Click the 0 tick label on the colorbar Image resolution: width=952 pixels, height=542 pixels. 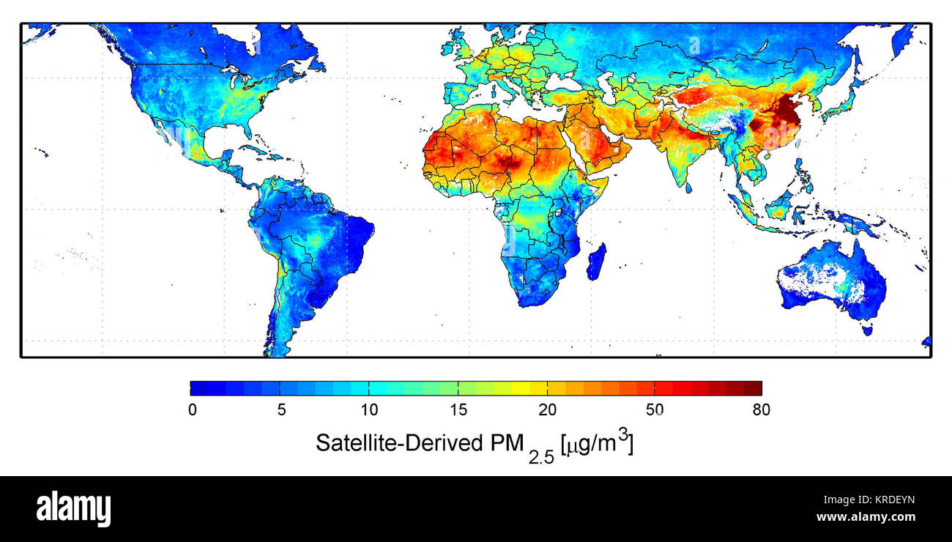pos(192,410)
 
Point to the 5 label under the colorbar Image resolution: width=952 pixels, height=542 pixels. pos(281,410)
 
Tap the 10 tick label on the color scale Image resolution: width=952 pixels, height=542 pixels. pos(368,410)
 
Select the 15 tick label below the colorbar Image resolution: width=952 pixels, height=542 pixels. pos(458,410)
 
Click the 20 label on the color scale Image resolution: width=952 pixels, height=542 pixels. pos(548,410)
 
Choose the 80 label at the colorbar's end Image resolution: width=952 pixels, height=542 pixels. pos(761,410)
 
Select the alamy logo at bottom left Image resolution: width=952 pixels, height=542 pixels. pos(73,508)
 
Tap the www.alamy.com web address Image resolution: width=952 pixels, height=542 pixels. pos(865,517)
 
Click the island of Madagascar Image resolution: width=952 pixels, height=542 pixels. pos(596,262)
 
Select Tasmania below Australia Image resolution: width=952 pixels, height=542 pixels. pos(869,330)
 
